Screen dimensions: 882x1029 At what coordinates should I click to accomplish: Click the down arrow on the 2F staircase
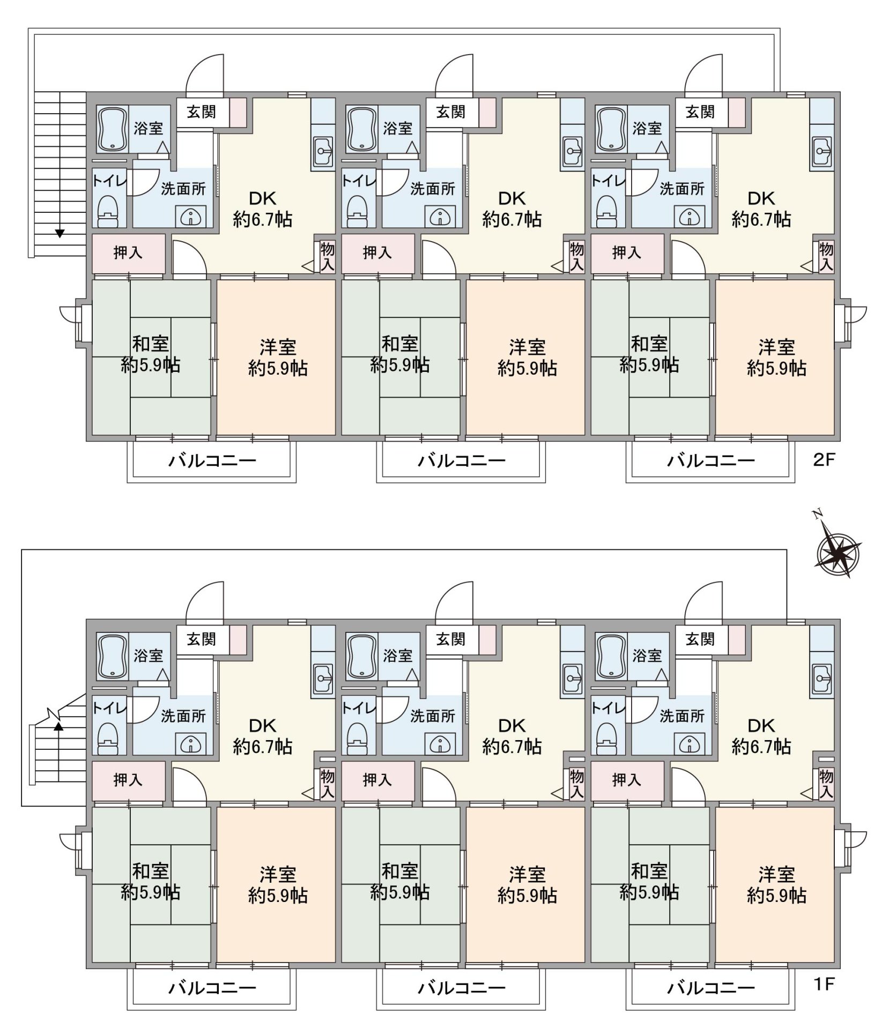tap(60, 233)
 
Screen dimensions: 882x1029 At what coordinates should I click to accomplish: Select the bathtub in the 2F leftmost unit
tap(112, 129)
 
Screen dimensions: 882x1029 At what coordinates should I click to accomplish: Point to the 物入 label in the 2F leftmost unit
tap(327, 257)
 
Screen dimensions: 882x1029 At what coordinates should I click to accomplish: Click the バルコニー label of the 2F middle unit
tap(462, 460)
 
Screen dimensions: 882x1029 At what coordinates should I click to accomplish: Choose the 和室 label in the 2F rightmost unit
tap(649, 344)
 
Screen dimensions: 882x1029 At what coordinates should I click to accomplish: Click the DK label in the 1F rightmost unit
tap(761, 726)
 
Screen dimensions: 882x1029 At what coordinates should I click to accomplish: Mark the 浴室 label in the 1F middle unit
tap(398, 655)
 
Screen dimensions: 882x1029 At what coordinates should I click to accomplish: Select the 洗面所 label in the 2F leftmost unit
tap(183, 189)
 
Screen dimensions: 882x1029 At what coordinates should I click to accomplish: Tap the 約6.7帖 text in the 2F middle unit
tap(512, 219)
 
